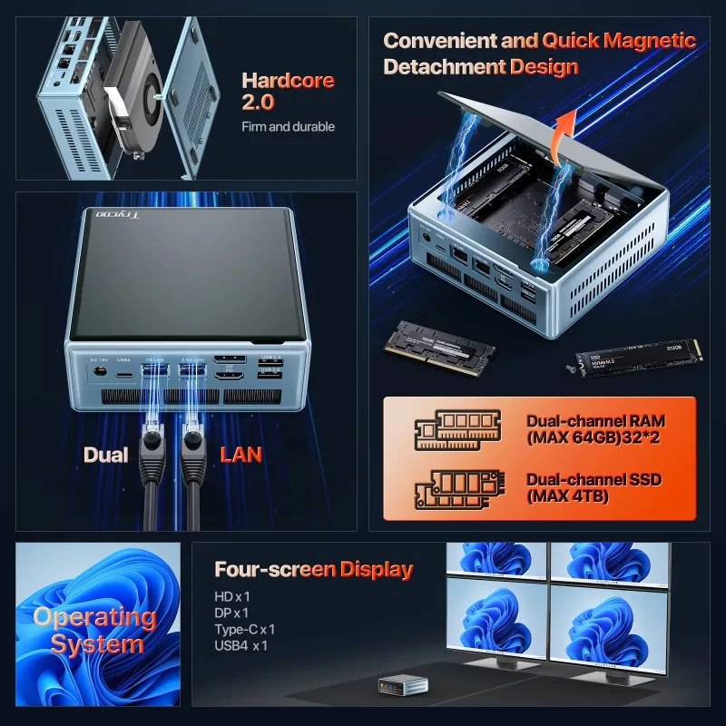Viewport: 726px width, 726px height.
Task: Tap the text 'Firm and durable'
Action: pos(288,127)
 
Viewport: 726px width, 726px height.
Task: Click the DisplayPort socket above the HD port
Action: pos(227,358)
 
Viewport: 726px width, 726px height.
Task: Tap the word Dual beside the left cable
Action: pos(106,455)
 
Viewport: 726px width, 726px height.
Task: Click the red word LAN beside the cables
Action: pos(241,455)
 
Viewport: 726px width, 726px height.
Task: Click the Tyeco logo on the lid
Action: pos(113,216)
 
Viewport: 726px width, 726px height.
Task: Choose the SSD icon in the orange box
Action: pos(457,487)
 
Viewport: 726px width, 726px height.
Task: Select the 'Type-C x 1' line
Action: pos(245,629)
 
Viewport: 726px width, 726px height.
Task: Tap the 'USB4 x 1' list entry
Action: pos(241,645)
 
